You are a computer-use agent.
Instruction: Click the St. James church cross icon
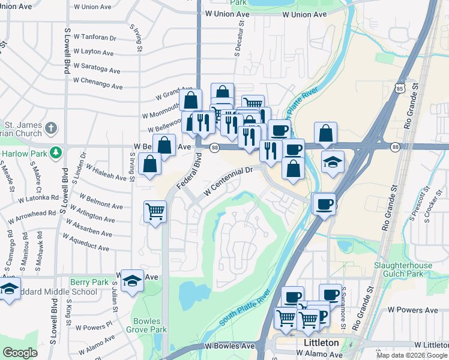(x=51, y=128)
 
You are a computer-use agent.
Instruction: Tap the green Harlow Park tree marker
(x=56, y=152)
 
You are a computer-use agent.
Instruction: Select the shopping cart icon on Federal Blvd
(x=155, y=211)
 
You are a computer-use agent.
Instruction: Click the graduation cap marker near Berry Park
(x=131, y=280)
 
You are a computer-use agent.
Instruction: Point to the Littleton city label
(x=318, y=343)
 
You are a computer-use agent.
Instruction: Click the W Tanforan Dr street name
(x=94, y=37)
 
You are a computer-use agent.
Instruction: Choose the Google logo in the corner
(x=20, y=353)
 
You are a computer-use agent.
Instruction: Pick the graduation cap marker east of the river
(x=332, y=162)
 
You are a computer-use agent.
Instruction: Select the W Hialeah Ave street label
(x=106, y=172)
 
